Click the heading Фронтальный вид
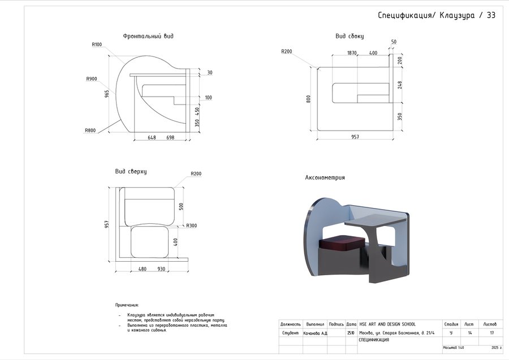tap(148, 36)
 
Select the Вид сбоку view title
tap(350, 36)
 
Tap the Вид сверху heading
tap(131, 171)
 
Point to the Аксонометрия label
tap(325, 177)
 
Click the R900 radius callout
tap(92, 79)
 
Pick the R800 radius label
tap(90, 131)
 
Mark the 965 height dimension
tap(107, 94)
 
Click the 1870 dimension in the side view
tap(352, 53)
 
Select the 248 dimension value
tap(399, 85)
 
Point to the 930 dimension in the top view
tap(161, 269)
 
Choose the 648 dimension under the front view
tap(152, 137)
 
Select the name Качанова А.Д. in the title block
tap(316, 333)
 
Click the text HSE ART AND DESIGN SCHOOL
tap(387, 324)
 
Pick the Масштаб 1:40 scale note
tap(452, 347)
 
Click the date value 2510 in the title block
tap(351, 333)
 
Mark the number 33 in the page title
tap(490, 15)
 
